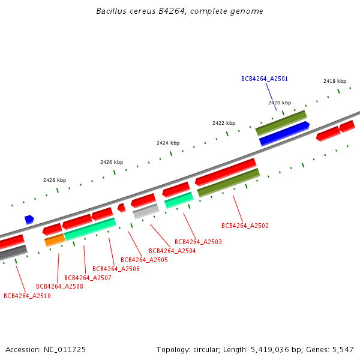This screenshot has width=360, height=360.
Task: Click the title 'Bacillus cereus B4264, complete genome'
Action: (180, 11)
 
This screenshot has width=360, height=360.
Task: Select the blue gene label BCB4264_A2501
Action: (265, 79)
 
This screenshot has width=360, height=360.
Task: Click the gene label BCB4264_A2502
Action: (245, 226)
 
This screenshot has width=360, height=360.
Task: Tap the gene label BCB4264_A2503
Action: (198, 242)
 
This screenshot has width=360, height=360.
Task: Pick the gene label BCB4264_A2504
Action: (172, 251)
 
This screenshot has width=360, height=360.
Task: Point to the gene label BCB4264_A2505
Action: (144, 260)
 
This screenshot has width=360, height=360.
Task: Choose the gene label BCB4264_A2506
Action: (116, 269)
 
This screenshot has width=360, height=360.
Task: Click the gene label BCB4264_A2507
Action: (88, 278)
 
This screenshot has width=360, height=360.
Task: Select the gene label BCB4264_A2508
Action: (59, 286)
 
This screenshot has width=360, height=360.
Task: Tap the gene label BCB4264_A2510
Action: (27, 296)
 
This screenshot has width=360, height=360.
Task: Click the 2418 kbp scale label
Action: (335, 81)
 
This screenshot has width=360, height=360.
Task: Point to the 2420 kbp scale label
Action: (280, 103)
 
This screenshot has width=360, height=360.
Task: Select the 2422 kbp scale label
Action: (224, 123)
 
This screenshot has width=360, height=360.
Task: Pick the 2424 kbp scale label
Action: (168, 143)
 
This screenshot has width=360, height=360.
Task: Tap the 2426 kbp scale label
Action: (112, 162)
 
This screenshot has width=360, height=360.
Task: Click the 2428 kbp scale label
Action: (55, 180)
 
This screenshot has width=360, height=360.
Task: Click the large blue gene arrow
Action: (284, 133)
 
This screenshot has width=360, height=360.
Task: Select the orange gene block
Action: (55, 240)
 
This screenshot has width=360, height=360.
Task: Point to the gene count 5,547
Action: (343, 349)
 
